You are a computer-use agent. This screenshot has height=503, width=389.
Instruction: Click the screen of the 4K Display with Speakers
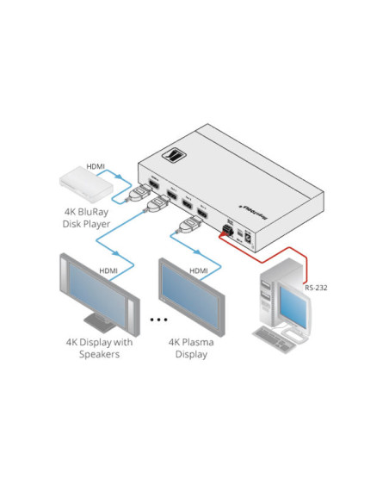(96, 293)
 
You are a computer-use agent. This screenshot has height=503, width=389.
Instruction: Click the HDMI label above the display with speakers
(108, 270)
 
